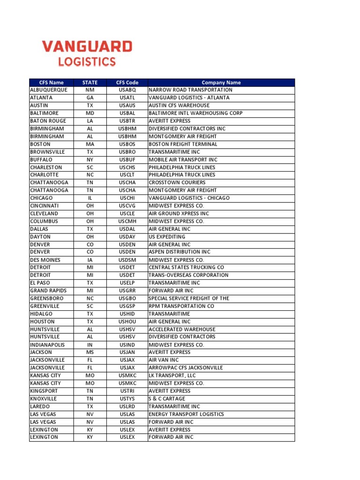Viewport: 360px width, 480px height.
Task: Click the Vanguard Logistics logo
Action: [x=87, y=53]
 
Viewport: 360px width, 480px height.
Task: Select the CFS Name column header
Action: [x=51, y=82]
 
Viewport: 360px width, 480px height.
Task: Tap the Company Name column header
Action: [x=221, y=82]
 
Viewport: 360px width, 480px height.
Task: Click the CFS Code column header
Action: [x=127, y=82]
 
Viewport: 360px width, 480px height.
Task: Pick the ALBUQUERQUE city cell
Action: [x=49, y=90]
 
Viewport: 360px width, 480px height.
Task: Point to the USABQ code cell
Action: [x=127, y=90]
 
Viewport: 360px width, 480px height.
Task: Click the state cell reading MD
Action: [x=90, y=113]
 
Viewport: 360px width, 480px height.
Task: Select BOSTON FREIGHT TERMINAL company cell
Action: [x=183, y=144]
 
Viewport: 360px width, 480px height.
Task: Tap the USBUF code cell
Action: [x=127, y=159]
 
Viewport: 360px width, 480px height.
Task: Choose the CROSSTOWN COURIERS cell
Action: [x=177, y=182]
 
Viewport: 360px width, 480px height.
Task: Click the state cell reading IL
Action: [x=90, y=198]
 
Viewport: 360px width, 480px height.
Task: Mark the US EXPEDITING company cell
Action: [x=167, y=237]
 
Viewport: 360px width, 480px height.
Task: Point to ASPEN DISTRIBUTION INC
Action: [x=179, y=252]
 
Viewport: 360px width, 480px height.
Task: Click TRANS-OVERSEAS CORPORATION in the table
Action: [x=188, y=275]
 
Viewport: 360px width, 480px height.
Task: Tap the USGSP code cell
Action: [x=127, y=306]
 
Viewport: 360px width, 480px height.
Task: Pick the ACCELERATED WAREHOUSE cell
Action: [x=182, y=329]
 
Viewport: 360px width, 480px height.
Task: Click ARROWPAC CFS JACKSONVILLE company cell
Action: [x=186, y=367]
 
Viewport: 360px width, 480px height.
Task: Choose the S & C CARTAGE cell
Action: [x=167, y=398]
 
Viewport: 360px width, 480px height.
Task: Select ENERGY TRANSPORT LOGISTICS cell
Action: [x=186, y=414]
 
